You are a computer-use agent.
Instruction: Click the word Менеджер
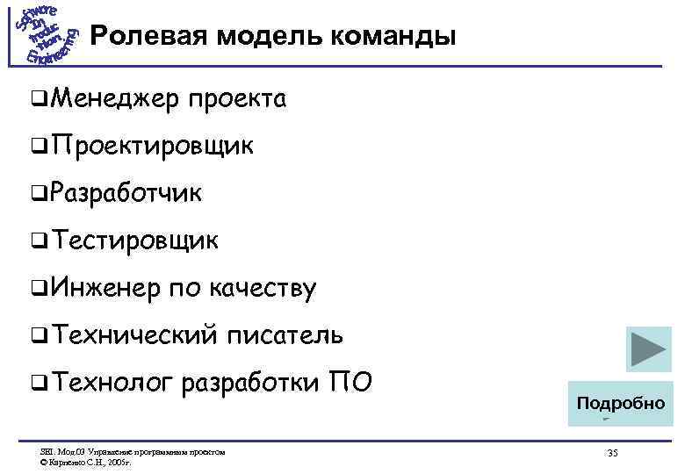point(108,99)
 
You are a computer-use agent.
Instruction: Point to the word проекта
point(235,99)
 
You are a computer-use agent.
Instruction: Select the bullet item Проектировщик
point(153,147)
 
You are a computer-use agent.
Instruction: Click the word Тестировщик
point(135,240)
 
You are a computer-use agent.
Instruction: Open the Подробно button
point(620,403)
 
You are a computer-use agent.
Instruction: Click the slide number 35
point(612,452)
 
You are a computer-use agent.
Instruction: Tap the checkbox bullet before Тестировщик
point(34,241)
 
